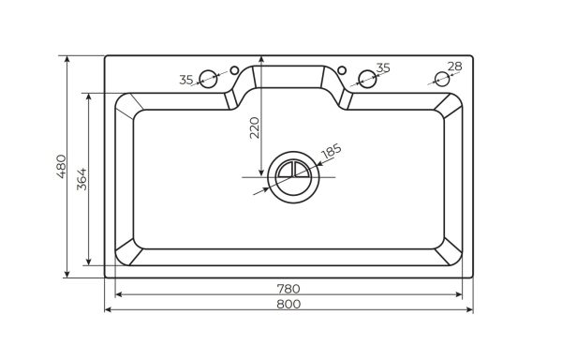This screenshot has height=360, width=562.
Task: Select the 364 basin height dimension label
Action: [81, 177]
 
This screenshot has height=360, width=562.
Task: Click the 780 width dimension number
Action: [289, 287]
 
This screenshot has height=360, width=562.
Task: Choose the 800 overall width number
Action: [289, 304]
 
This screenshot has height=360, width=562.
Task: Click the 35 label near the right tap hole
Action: [382, 67]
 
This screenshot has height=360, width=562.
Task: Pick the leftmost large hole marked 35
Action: [209, 80]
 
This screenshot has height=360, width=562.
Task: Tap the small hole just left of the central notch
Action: [234, 69]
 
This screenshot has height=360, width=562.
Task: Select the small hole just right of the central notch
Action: [343, 69]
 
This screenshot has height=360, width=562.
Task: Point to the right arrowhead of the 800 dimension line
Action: [469, 310]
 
